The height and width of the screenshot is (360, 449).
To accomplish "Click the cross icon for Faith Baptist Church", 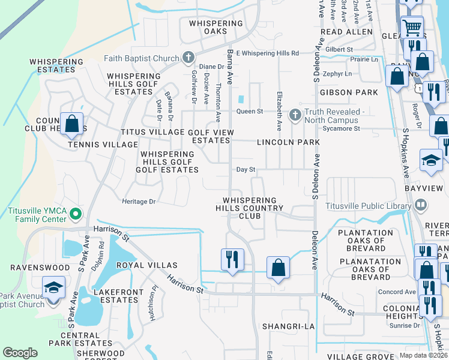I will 188,58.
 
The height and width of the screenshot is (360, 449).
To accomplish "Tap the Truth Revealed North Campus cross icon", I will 295,114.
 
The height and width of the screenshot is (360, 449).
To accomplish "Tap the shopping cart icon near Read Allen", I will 411,27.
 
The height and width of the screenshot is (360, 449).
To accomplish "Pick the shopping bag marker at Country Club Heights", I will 71,124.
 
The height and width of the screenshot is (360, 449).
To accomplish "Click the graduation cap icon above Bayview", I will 430,160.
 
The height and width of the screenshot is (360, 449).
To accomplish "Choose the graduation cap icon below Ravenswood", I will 53,286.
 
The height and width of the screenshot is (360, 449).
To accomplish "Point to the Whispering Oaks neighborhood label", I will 215,27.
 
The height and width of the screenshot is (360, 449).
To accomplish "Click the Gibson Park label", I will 349,92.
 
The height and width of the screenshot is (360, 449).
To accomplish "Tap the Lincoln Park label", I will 288,142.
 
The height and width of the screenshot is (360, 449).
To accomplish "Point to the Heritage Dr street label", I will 139,202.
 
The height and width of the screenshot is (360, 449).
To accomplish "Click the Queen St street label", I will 250,112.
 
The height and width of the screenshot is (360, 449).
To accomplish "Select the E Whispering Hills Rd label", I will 267,53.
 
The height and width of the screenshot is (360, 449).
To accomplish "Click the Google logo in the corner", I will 20,353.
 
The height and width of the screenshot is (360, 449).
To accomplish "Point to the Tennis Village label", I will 103,145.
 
